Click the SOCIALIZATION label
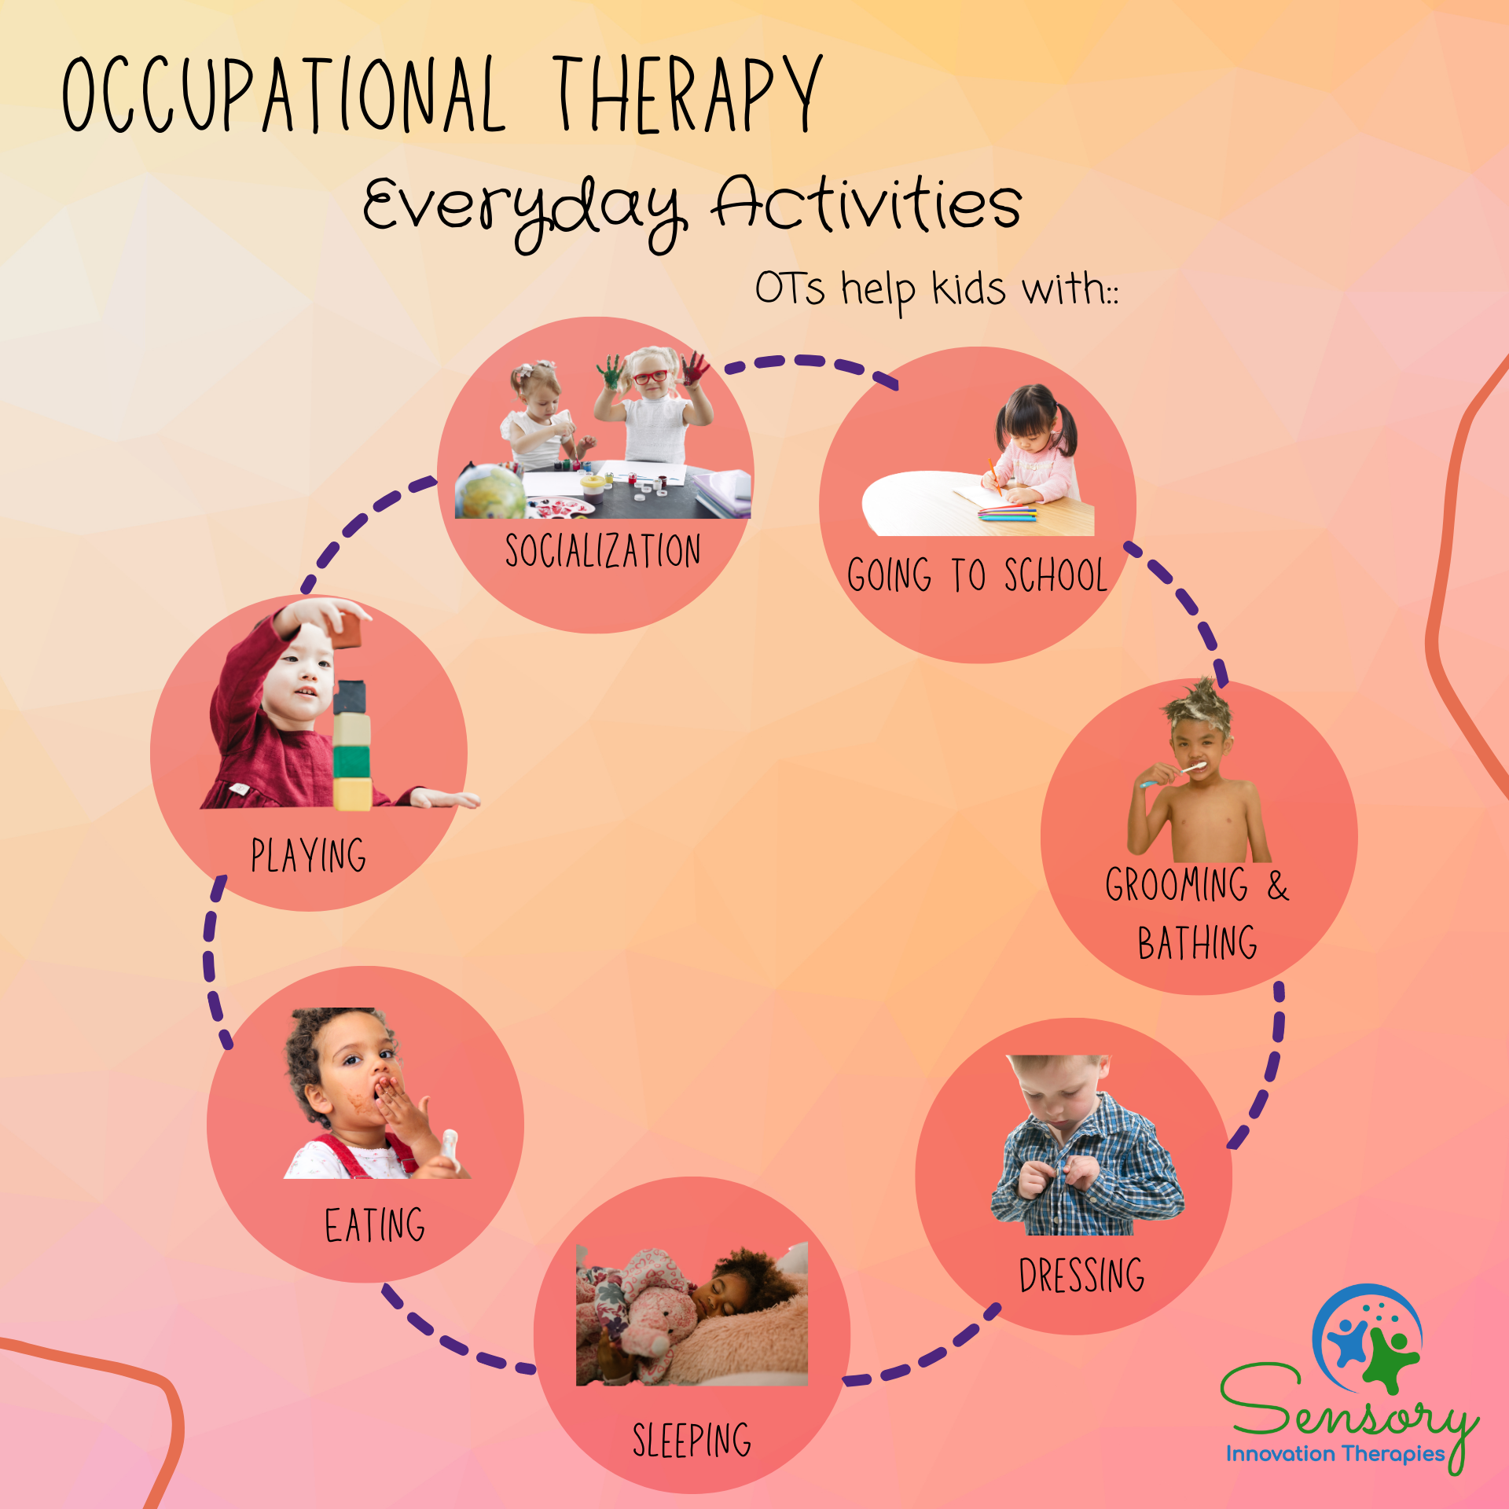[603, 551]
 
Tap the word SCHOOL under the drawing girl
[1056, 575]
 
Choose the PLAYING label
[308, 855]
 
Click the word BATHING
[1197, 943]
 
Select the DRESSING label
[1081, 1275]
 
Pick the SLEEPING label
[692, 1440]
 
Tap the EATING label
[375, 1225]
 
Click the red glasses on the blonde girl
[650, 376]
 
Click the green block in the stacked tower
[351, 761]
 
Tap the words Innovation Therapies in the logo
[1335, 1454]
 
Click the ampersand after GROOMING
[1278, 886]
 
